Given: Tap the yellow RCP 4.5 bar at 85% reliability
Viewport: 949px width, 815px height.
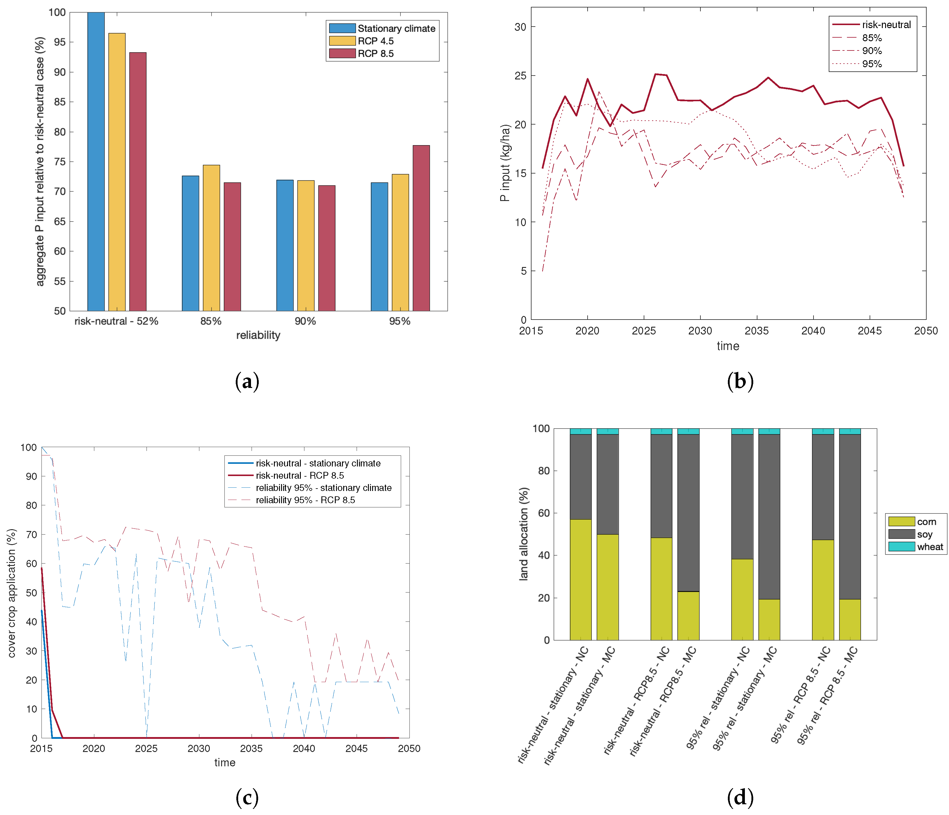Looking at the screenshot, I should [x=211, y=238].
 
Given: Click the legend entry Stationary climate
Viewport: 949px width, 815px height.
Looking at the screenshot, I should [x=396, y=28].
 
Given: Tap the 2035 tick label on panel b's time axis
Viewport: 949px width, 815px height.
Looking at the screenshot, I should [x=757, y=331].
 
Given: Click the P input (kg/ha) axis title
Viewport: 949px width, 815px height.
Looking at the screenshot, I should [x=505, y=163].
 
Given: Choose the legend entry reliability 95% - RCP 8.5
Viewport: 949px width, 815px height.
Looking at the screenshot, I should [x=305, y=500].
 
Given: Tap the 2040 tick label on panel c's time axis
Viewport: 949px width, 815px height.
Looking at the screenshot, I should [x=304, y=748].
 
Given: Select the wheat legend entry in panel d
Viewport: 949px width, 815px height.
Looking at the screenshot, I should [x=930, y=547].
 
